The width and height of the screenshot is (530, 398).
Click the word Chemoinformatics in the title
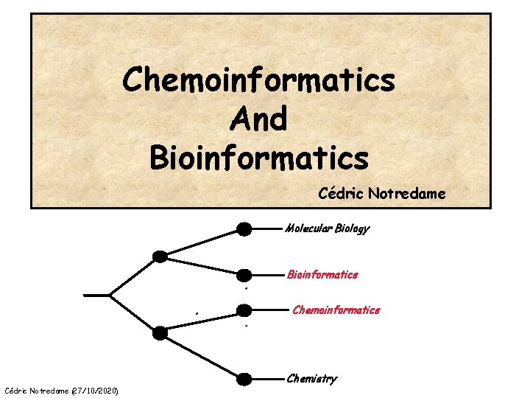[259, 80]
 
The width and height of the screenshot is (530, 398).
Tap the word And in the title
[258, 118]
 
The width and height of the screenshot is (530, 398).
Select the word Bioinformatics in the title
[258, 156]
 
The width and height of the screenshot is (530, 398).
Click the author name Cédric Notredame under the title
[381, 194]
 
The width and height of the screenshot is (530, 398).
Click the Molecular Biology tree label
[327, 228]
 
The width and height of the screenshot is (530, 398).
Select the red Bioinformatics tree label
[322, 275]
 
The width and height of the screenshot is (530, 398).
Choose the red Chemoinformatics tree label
[336, 310]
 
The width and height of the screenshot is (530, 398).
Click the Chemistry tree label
[311, 379]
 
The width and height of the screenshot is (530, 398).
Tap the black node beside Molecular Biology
[244, 228]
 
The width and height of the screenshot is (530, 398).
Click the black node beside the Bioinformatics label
[244, 275]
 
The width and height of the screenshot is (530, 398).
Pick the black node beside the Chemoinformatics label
[244, 310]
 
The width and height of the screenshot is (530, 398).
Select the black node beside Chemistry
[244, 380]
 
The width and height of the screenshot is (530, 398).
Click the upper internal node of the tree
[160, 256]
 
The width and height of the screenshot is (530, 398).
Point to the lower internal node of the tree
[160, 333]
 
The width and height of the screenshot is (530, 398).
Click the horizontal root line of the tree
[97, 295]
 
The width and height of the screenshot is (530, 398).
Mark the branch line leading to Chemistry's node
[202, 357]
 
